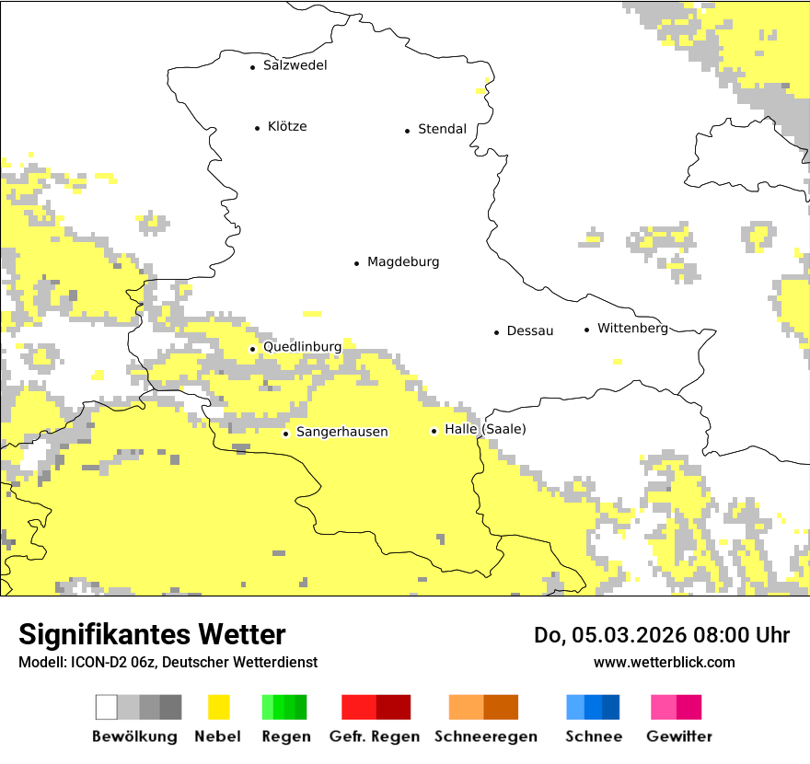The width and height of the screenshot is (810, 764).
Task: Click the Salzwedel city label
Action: pyautogui.click(x=295, y=65)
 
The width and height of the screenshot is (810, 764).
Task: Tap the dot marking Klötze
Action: pyautogui.click(x=257, y=128)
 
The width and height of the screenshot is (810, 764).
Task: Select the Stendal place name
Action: pyautogui.click(x=442, y=130)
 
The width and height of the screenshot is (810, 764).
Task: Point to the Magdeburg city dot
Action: pyautogui.click(x=356, y=263)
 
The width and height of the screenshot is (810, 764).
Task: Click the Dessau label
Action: pyautogui.click(x=530, y=331)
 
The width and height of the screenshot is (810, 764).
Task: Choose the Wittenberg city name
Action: pyautogui.click(x=632, y=329)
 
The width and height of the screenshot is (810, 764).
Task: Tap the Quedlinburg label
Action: pyautogui.click(x=302, y=347)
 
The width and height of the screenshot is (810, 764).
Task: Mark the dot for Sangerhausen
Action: pyautogui.click(x=285, y=434)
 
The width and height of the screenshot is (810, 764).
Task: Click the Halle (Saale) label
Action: pyautogui.click(x=485, y=430)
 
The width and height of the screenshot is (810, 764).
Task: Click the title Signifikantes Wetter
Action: pyautogui.click(x=152, y=635)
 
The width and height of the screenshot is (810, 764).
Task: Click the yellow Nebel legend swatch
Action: pyautogui.click(x=219, y=707)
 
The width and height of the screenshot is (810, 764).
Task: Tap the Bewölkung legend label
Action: pyautogui.click(x=134, y=736)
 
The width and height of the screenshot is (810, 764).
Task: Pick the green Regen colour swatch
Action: pyautogui.click(x=284, y=707)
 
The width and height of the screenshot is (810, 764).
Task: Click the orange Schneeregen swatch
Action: pyautogui.click(x=483, y=707)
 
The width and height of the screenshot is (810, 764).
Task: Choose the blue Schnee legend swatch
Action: pyautogui.click(x=593, y=707)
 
